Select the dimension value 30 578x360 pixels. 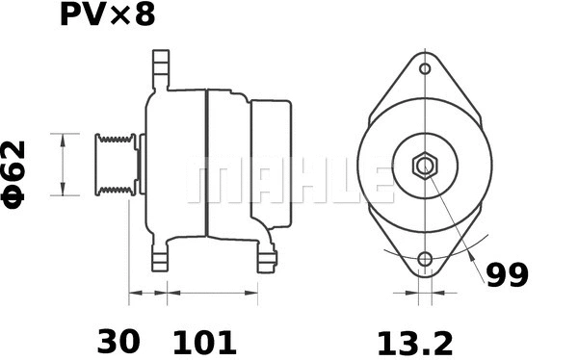coord(118,341)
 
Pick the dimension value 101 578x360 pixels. coord(203,341)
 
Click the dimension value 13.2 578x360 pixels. coord(415,341)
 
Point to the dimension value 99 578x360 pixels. coord(507,276)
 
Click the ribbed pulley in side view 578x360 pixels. coord(115,166)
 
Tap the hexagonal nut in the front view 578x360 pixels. coord(425,166)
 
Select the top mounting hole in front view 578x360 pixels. coord(425,68)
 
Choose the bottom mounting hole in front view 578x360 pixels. coord(425,258)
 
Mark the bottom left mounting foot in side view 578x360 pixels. coord(160,258)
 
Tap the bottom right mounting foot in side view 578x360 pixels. coord(267,258)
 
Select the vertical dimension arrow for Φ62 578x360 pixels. coord(63,165)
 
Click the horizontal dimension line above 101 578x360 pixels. coord(212,291)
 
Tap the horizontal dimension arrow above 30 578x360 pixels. coord(147,291)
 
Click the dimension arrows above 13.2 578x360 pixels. coord(425,291)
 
